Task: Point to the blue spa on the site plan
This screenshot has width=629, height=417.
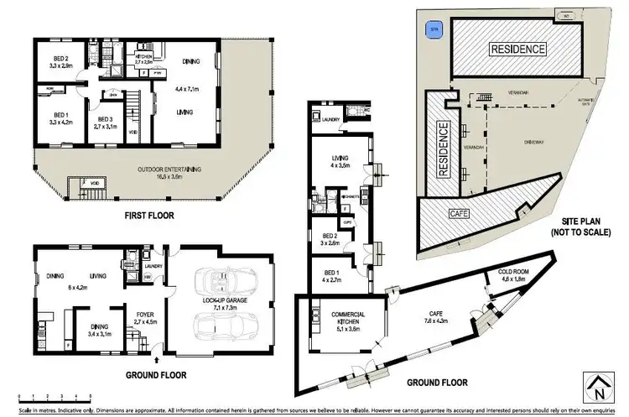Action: [434, 29]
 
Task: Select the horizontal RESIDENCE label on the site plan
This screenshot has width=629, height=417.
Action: [517, 49]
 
